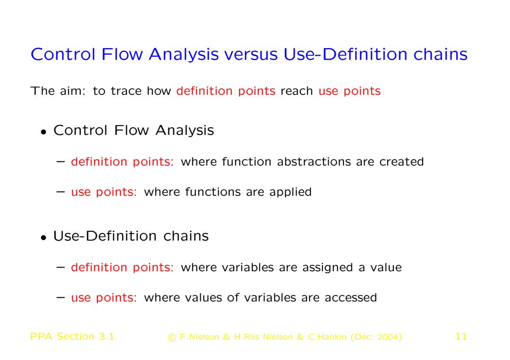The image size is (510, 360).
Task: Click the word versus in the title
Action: [251, 54]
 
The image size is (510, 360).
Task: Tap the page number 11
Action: [461, 336]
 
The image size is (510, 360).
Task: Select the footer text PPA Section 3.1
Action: [72, 336]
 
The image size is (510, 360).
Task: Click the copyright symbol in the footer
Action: [171, 337]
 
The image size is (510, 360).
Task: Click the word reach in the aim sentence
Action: [297, 91]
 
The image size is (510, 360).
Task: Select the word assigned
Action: [328, 268]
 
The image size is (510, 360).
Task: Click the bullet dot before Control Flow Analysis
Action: [43, 132]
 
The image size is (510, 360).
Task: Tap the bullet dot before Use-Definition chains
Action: [43, 237]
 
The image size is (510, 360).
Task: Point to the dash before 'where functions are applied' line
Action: [60, 192]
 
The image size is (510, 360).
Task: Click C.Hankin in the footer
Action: [327, 337]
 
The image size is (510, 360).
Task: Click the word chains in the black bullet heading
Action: [186, 236]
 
